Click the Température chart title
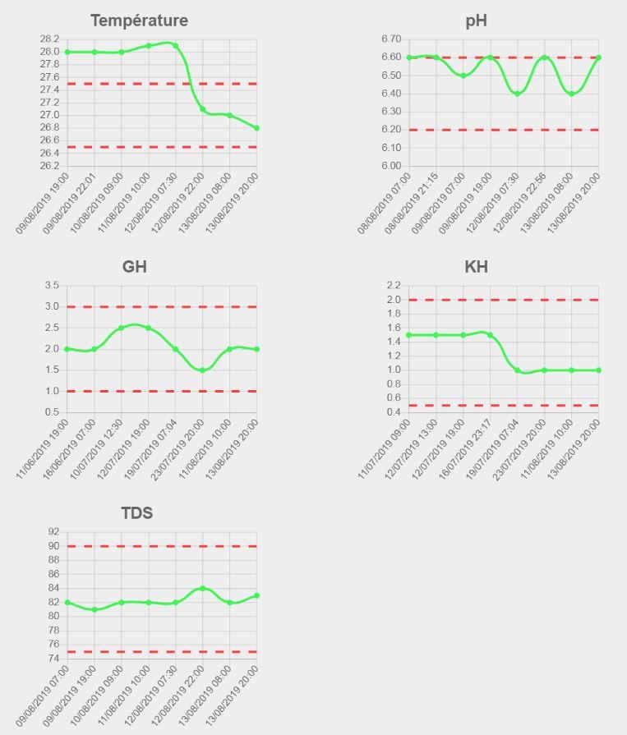click(x=139, y=21)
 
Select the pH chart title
click(x=477, y=21)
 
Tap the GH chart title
click(x=134, y=267)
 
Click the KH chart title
click(x=477, y=267)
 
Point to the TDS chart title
click(x=136, y=513)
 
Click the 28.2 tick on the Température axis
click(x=49, y=39)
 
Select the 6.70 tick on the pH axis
click(x=391, y=39)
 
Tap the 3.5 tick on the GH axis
click(x=52, y=286)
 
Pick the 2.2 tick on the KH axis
click(x=393, y=286)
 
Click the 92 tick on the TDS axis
click(x=53, y=532)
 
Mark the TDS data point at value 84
click(x=203, y=588)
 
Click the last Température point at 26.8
click(x=257, y=128)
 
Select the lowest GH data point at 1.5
click(x=203, y=370)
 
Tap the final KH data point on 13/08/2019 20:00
click(x=598, y=370)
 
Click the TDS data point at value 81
click(x=95, y=609)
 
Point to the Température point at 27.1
click(x=203, y=109)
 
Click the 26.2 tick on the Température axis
click(x=49, y=166)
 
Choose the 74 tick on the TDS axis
click(x=53, y=659)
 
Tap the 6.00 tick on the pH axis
click(x=391, y=166)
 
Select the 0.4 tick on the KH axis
click(x=393, y=412)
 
